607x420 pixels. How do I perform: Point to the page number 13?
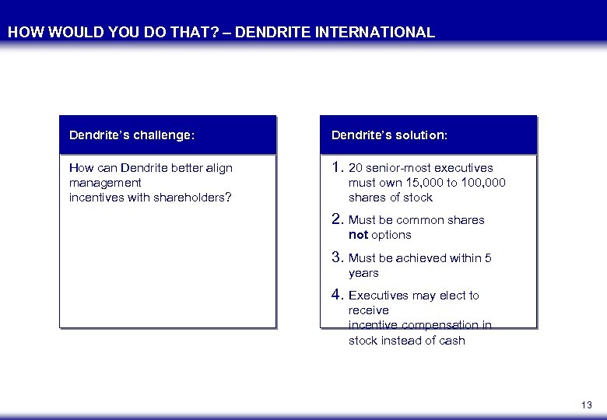(x=586, y=405)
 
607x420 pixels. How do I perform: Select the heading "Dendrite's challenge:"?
(x=132, y=135)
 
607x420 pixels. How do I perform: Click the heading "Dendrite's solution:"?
(x=389, y=135)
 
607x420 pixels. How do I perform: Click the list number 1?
(x=337, y=167)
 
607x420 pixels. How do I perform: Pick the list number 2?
(x=337, y=219)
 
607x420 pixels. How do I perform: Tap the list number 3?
(x=337, y=257)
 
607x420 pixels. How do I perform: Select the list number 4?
(x=337, y=295)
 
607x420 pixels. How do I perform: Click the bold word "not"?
(x=358, y=235)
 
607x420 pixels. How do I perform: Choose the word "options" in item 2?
(x=391, y=235)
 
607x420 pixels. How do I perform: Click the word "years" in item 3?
(x=363, y=273)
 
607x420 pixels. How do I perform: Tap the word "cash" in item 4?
(x=451, y=341)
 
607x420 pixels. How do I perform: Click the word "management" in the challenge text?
(x=105, y=183)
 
